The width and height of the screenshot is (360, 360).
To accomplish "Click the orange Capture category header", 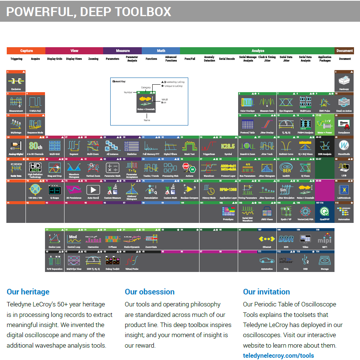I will coord(26,51).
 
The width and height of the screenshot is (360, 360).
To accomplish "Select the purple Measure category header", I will coord(123,51).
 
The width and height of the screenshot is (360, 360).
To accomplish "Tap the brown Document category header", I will coord(344,51).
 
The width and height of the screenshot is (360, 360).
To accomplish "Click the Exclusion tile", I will coord(16,81).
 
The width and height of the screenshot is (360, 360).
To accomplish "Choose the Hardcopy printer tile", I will coord(344,81).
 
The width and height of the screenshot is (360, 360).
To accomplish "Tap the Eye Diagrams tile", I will coord(286,103).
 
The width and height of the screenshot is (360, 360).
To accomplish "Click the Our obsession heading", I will coord(150,292).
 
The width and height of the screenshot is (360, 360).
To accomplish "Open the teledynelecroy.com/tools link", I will coord(278,356).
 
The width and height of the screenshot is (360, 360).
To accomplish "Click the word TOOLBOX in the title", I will coord(143,12).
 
